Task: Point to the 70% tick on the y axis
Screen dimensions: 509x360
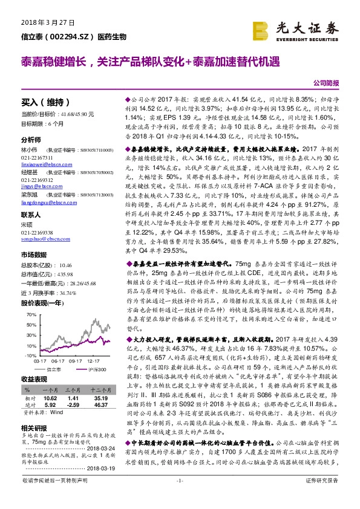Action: pyautogui.click(x=30, y=315)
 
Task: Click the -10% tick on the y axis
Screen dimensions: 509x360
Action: pyautogui.click(x=30, y=355)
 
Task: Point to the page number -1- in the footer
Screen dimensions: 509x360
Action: pyautogui.click(x=180, y=497)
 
